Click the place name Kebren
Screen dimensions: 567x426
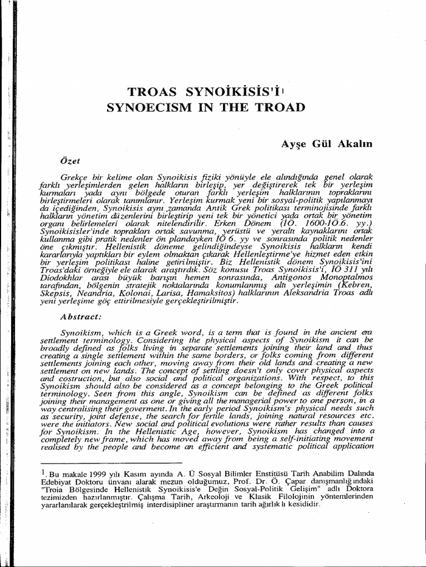pos(366,286)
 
